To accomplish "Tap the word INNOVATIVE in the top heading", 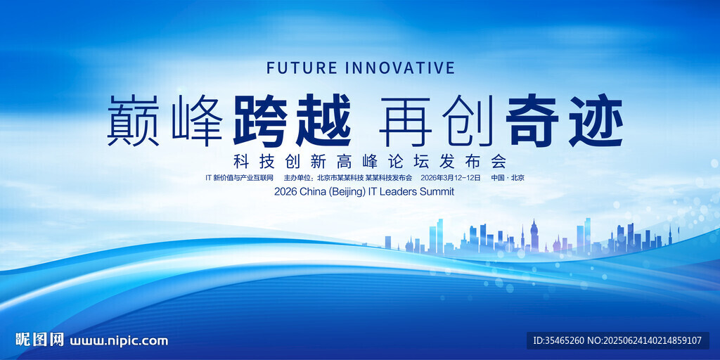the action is [399, 67].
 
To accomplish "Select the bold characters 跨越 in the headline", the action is [292, 120].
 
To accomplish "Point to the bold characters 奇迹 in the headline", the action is [565, 120].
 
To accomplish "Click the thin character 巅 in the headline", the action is [133, 120].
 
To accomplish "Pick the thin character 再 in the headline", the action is [405, 120].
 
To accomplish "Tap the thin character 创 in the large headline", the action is [468, 120].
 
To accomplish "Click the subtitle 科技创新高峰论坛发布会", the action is [370, 162].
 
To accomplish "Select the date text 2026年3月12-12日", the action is [450, 178].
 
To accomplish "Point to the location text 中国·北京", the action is [508, 178].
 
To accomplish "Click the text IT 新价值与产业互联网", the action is [239, 178].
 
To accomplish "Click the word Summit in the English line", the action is [436, 192].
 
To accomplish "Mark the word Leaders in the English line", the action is [398, 192].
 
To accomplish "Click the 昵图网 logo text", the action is [39, 340].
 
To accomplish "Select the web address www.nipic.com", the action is [119, 341].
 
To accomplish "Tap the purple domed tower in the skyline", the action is [534, 235].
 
